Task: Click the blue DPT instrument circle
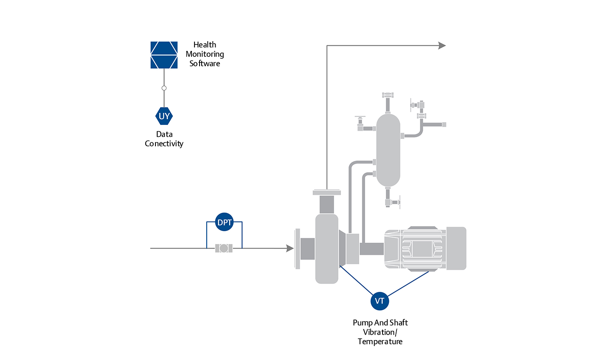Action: [x=225, y=222]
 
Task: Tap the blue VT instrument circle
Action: [x=380, y=301]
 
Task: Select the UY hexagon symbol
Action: [x=164, y=116]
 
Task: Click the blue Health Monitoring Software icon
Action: [x=164, y=55]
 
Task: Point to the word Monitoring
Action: [x=205, y=54]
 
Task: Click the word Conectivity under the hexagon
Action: [x=164, y=144]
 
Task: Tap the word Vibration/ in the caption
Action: [x=380, y=332]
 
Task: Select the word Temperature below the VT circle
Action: [x=380, y=341]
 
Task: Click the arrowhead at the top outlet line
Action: [x=442, y=45]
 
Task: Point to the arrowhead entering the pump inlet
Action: [x=290, y=248]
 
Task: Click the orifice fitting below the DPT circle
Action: [x=224, y=248]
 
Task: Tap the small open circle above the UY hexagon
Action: [x=164, y=88]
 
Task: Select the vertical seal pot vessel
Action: [x=388, y=150]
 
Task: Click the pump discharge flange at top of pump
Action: [x=327, y=193]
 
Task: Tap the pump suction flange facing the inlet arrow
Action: [x=298, y=248]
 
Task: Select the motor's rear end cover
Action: [x=456, y=248]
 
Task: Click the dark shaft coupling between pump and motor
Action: [x=372, y=249]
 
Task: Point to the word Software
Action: [x=205, y=64]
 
